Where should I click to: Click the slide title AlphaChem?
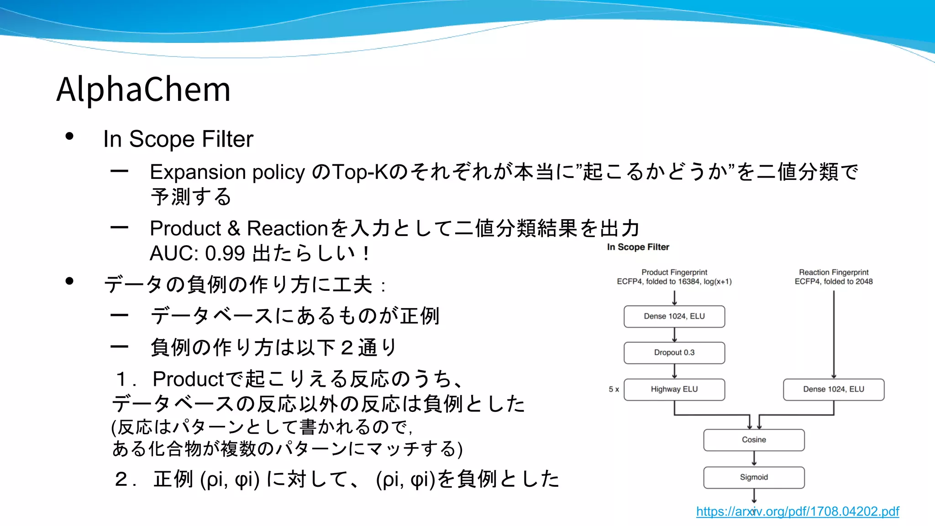tap(143, 89)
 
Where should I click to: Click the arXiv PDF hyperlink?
tap(797, 511)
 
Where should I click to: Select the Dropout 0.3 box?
tap(674, 352)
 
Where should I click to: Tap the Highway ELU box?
tap(674, 389)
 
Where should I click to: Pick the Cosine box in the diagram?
tap(754, 440)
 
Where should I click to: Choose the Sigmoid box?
tap(754, 477)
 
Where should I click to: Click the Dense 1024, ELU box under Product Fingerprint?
tap(674, 316)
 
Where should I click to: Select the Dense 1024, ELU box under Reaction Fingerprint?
tap(833, 389)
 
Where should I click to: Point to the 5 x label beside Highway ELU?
tap(614, 389)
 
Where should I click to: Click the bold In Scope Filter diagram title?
tap(638, 247)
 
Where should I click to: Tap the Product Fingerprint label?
tap(674, 273)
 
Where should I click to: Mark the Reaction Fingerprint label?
tap(833, 273)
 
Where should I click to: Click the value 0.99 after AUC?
tap(225, 253)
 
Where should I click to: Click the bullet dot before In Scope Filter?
tap(69, 136)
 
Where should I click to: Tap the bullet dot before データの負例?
tap(69, 281)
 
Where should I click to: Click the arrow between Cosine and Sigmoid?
tap(754, 458)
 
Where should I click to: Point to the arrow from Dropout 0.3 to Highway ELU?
tap(674, 371)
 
